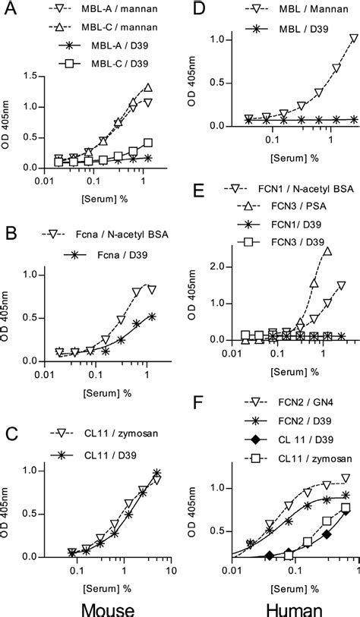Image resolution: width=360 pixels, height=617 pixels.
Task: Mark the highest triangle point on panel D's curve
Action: [x=352, y=38]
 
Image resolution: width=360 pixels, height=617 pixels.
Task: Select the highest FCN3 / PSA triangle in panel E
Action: [x=327, y=251]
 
